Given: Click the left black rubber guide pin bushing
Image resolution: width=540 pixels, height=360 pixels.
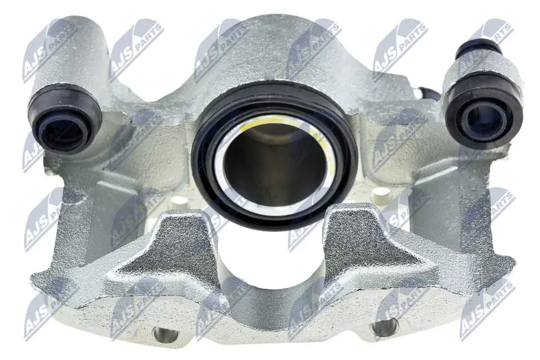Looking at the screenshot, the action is tap(65, 119).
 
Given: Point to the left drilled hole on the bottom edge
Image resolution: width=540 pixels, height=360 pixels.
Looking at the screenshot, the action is tap(166, 334).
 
